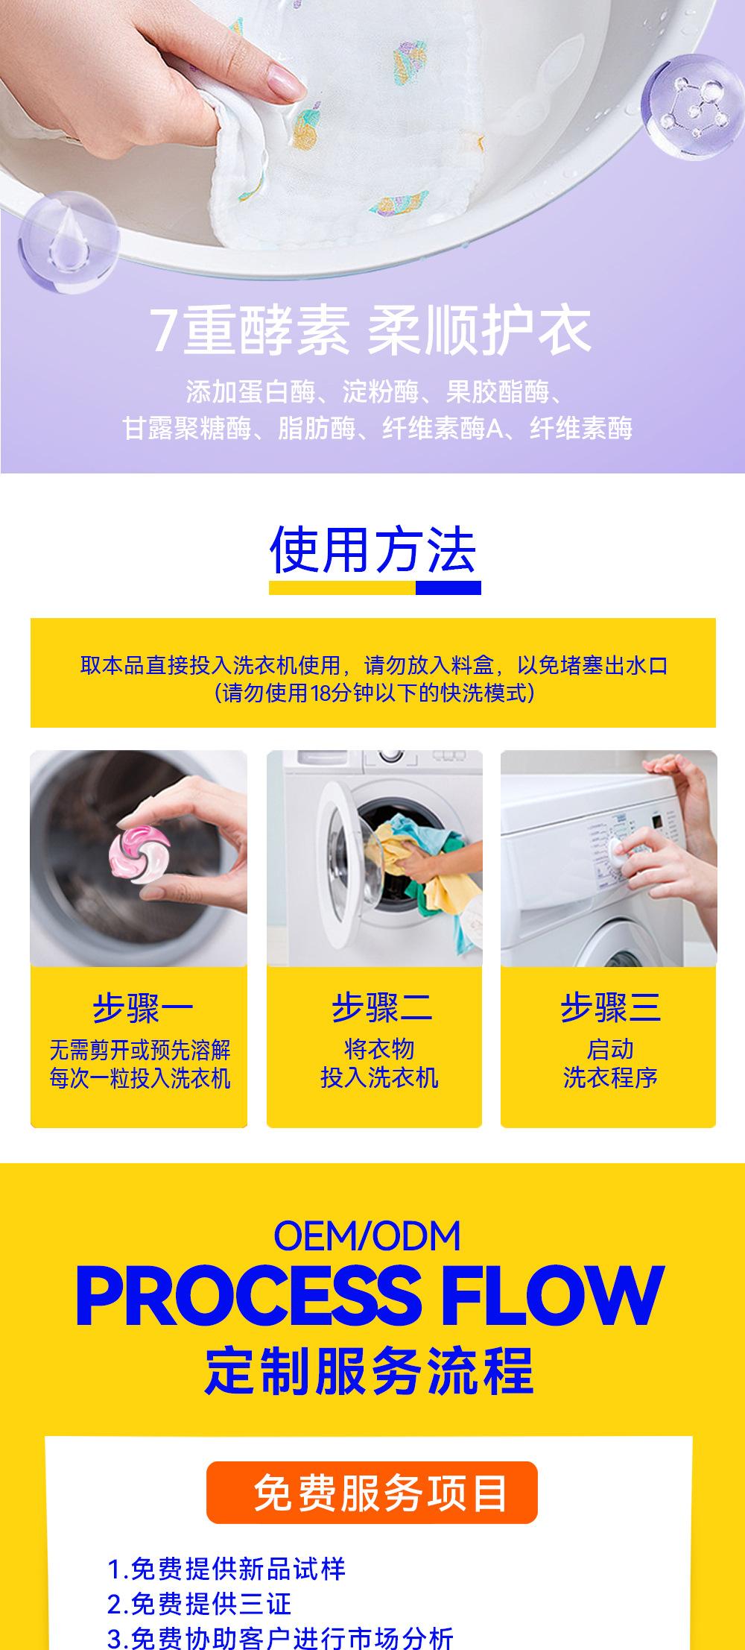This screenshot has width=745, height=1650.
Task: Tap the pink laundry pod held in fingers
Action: [139, 850]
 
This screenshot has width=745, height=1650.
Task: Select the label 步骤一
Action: [142, 1010]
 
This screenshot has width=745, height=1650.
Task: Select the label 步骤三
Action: [609, 1008]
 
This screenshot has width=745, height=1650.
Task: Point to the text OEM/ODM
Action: [367, 1235]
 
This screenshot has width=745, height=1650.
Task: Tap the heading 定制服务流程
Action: [369, 1370]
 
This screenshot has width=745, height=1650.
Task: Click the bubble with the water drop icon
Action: [68, 238]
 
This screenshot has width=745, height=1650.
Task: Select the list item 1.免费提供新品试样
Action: [226, 1569]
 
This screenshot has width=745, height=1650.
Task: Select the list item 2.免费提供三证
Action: [199, 1603]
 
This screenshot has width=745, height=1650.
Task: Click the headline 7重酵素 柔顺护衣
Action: [370, 330]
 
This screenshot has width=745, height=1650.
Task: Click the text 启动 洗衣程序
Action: [609, 1063]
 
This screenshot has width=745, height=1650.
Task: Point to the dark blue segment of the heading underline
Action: [448, 588]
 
